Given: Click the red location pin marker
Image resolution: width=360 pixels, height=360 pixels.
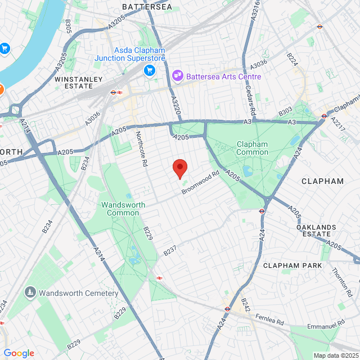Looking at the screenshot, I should pos(179,168).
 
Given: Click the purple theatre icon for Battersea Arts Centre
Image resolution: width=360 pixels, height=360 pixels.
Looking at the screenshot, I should pos(178,75).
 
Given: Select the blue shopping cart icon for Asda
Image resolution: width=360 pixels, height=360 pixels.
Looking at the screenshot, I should pos(150,70).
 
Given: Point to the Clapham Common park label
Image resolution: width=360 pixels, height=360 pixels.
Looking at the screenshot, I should pos(252,148).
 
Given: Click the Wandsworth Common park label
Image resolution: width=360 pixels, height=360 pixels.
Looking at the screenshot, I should pos(123,209).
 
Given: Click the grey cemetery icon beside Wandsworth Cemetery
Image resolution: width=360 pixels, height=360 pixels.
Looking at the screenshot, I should pos(30,292).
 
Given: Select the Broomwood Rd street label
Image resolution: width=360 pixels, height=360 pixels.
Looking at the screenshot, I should pos(200,183).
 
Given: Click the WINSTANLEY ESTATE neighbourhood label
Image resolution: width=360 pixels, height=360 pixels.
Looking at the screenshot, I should pos(74,83).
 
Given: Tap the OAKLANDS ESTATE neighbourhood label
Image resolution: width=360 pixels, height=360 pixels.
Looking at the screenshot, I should pos(316,231).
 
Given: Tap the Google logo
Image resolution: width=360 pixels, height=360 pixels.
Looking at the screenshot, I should pos(19,353).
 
